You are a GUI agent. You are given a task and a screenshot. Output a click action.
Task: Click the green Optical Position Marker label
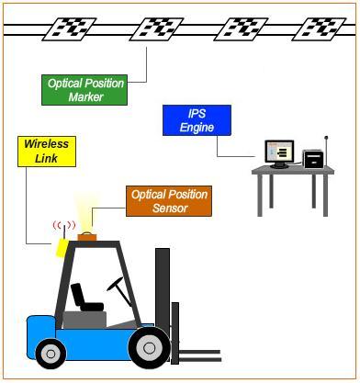point(85,90)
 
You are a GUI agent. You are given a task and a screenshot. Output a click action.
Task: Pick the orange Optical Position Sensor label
point(169,202)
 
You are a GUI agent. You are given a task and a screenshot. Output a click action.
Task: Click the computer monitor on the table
point(278,153)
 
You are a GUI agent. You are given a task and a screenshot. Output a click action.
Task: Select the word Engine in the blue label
point(197,128)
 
